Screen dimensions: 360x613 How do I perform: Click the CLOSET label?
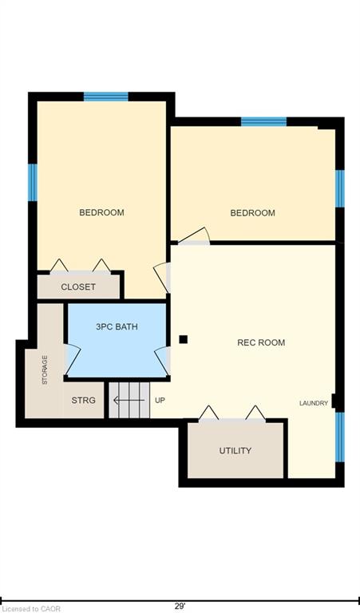[x=78, y=287]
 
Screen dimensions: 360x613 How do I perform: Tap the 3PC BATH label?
[x=117, y=326]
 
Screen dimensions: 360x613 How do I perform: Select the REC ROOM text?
[x=261, y=342]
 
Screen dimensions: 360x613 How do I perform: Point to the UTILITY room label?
[x=235, y=450]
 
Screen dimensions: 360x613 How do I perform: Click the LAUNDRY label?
[x=314, y=403]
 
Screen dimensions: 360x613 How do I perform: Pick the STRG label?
[x=83, y=401]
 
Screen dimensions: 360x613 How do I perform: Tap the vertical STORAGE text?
[x=45, y=370]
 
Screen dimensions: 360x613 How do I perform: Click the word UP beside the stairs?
[x=160, y=401]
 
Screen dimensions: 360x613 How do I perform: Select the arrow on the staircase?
[x=129, y=401]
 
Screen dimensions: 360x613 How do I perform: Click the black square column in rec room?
[x=184, y=339]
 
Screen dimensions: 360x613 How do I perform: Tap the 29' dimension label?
[x=180, y=607]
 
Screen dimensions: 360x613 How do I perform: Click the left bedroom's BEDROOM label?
[x=101, y=212]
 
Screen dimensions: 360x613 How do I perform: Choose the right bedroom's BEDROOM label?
[x=252, y=212]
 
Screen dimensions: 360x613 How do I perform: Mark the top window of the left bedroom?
[x=106, y=97]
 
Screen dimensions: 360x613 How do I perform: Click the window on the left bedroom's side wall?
[x=33, y=182]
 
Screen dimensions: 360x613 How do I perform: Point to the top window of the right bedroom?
[x=264, y=121]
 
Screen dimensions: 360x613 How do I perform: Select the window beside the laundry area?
[x=340, y=437]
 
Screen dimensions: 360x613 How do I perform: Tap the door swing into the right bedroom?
[x=194, y=236]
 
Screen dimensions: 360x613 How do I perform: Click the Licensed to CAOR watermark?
[x=30, y=609]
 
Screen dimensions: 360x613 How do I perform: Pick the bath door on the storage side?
[x=73, y=360]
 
